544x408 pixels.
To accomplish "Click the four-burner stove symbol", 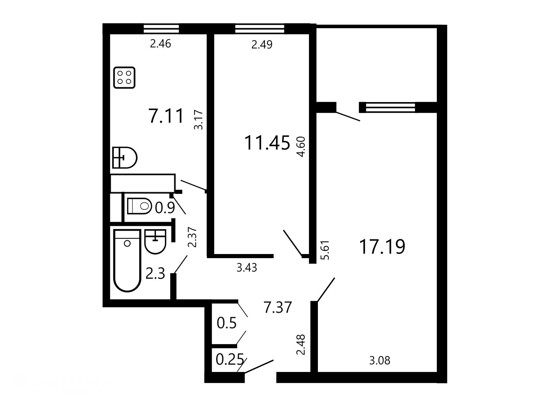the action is (x=124, y=77).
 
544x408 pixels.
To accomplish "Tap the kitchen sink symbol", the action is (x=125, y=158).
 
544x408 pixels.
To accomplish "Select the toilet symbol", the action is (x=139, y=206).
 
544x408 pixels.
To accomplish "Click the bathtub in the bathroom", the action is (x=127, y=261).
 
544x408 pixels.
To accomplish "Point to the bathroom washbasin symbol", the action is (x=155, y=242).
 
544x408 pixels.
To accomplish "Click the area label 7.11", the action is (x=166, y=116).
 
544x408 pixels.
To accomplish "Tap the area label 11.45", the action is (x=267, y=143).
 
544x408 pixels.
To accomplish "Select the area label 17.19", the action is (x=382, y=247).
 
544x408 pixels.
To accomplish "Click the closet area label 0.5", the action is (x=226, y=323).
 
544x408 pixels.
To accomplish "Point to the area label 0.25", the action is (x=230, y=360).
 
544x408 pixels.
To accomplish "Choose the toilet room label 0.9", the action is (x=165, y=208).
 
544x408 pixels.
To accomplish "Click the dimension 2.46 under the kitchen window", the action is (x=160, y=44).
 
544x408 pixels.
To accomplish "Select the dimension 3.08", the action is (x=380, y=361).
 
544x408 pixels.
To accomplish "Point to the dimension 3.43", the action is (x=247, y=268).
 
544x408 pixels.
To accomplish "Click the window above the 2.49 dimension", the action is (x=260, y=29).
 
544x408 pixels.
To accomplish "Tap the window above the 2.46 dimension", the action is (x=161, y=29).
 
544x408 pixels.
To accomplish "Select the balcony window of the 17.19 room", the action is (x=390, y=107).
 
